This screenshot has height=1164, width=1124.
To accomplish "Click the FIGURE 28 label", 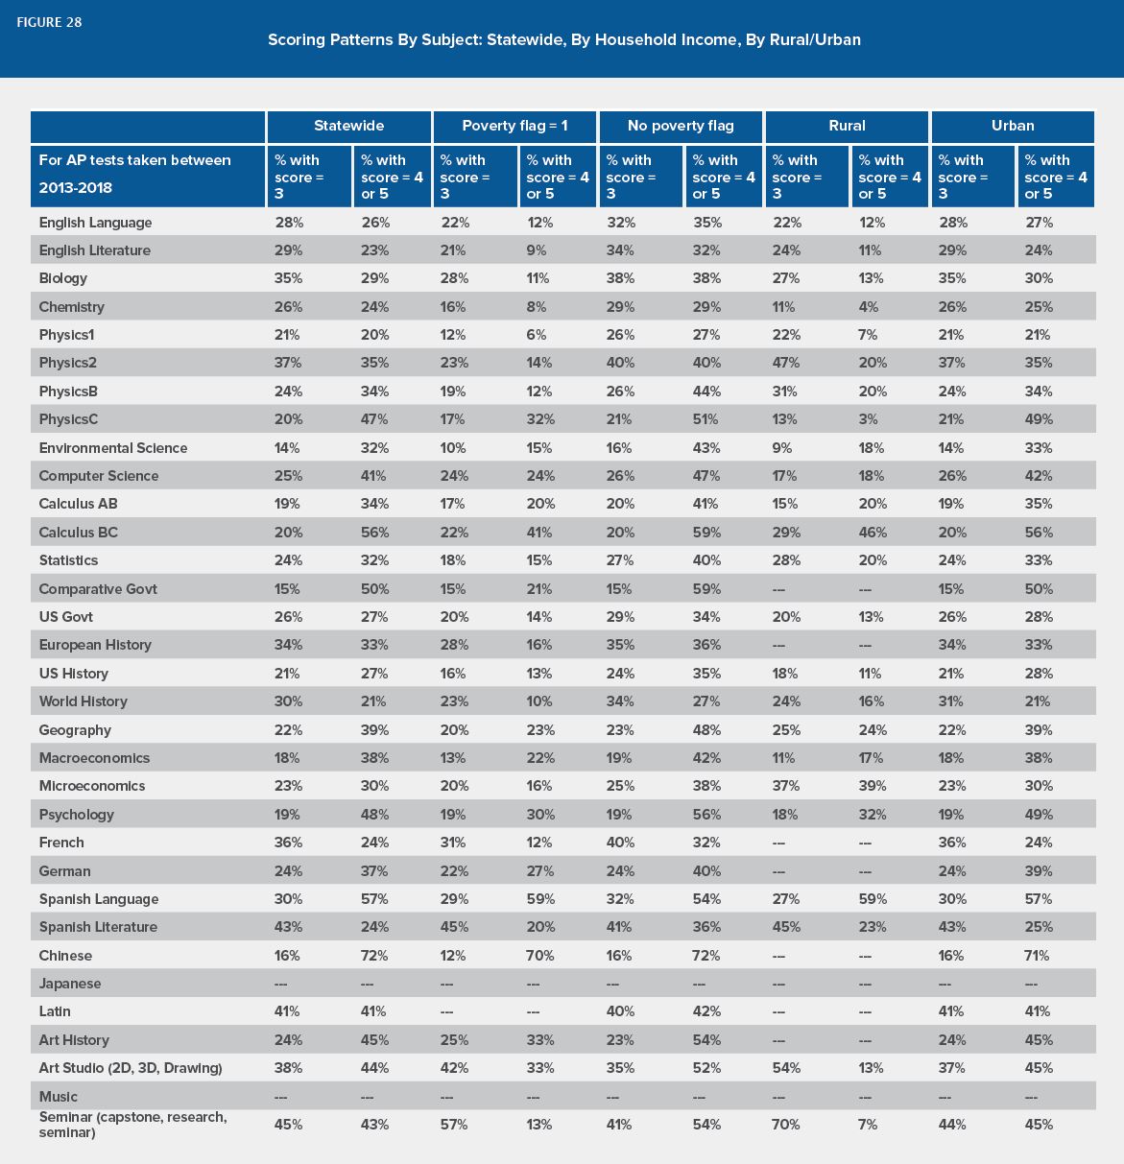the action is click(x=49, y=23).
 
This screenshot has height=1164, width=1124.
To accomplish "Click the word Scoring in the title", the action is click(x=296, y=40).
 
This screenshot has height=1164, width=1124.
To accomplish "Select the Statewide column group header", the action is click(x=348, y=126).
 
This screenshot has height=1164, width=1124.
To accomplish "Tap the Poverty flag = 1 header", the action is click(x=514, y=126).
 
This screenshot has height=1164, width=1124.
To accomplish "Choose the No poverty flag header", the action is click(x=681, y=126).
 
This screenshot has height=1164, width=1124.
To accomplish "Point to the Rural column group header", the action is click(x=847, y=126).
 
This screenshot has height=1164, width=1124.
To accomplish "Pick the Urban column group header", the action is click(x=1012, y=126).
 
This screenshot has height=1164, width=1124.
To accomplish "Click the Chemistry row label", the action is click(x=72, y=307).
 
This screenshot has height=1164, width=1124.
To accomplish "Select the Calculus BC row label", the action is click(x=79, y=533).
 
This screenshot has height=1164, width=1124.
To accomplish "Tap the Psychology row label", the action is click(x=76, y=815).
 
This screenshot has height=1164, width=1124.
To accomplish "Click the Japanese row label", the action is click(x=70, y=984).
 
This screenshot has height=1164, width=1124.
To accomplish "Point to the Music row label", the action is click(x=58, y=1097).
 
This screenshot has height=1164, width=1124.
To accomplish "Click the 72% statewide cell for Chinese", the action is click(x=374, y=955).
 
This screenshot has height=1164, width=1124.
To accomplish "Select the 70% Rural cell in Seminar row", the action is click(x=785, y=1125).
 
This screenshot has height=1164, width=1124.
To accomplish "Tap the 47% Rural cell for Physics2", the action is click(x=785, y=363).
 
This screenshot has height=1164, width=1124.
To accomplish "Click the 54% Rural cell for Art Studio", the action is click(x=785, y=1068).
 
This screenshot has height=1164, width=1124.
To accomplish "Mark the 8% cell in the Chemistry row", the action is click(x=536, y=307).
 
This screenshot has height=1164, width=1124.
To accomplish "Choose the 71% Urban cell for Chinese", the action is click(x=1037, y=955).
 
